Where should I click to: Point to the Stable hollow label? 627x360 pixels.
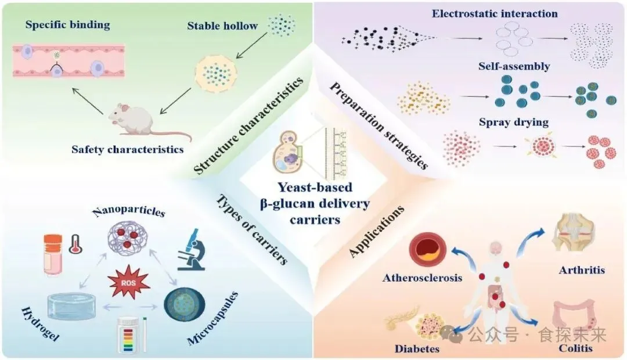click(x=222, y=26)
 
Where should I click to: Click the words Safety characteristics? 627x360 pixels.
click(x=127, y=149)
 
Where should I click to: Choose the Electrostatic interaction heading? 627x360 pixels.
click(x=495, y=13)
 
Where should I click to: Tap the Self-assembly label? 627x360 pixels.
click(x=514, y=66)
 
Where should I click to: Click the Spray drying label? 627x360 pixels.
click(x=514, y=123)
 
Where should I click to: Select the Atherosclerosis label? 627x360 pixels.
click(x=422, y=278)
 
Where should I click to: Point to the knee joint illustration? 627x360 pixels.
click(x=571, y=235)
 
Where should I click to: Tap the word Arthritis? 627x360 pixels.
click(x=581, y=270)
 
